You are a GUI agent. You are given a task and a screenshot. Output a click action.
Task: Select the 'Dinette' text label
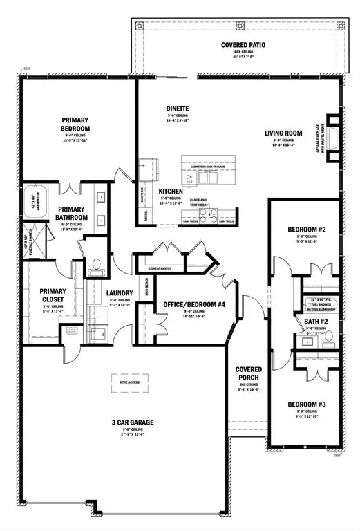[x=178, y=109]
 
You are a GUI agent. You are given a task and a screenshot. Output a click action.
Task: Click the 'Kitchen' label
[x=171, y=190]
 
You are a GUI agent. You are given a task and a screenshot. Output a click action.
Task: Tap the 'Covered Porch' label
[x=247, y=374]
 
